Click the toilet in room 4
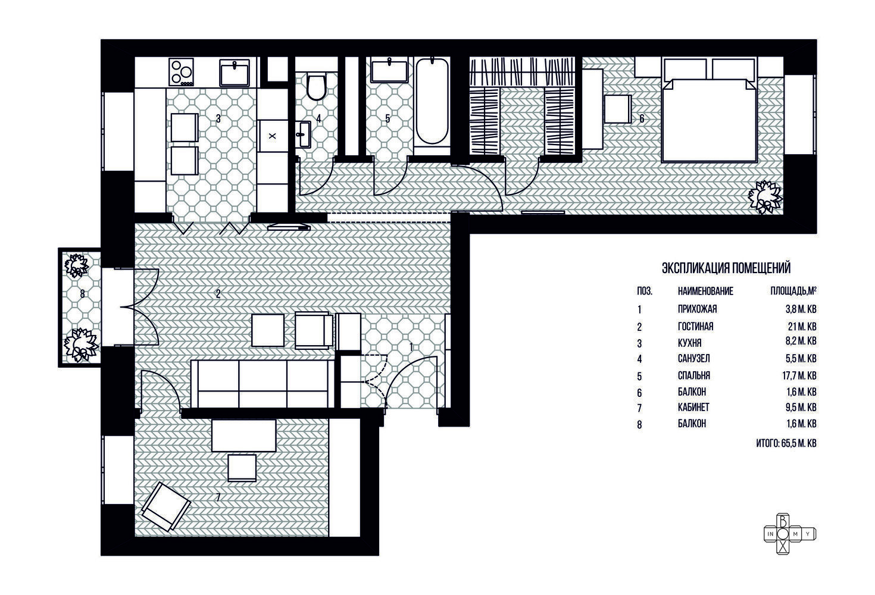(316, 86)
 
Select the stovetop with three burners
(182, 72)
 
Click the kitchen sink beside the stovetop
(234, 73)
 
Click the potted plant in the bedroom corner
(765, 196)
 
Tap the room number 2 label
(218, 293)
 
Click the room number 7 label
(218, 497)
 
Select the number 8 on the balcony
(82, 293)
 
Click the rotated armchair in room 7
(166, 506)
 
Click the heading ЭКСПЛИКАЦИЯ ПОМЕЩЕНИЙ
(726, 268)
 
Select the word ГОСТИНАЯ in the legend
(696, 327)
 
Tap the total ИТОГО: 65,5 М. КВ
(786, 443)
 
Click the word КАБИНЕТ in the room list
(693, 408)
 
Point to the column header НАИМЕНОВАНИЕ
(705, 292)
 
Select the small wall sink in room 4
(303, 134)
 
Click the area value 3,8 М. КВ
(801, 309)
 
